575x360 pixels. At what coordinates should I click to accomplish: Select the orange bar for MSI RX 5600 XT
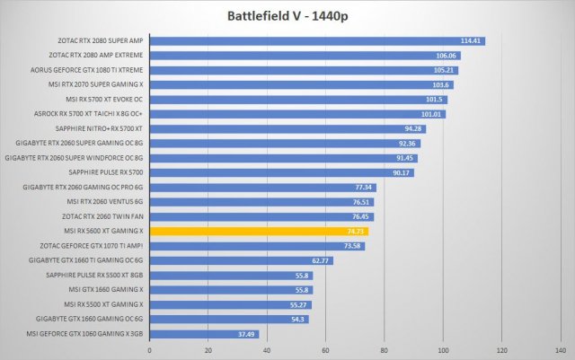pyautogui.click(x=259, y=231)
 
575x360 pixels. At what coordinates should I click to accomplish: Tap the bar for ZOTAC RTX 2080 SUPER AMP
pyautogui.click(x=305, y=40)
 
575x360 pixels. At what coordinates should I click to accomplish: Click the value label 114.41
pyautogui.click(x=472, y=40)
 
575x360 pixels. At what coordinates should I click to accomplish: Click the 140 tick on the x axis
pyautogui.click(x=560, y=350)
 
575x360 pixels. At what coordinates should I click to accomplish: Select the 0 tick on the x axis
pyautogui.click(x=149, y=350)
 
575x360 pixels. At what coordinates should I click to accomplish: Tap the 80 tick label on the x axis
pyautogui.click(x=384, y=350)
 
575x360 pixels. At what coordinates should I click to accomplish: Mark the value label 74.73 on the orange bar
pyautogui.click(x=356, y=231)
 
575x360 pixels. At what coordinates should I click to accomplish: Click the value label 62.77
pyautogui.click(x=321, y=260)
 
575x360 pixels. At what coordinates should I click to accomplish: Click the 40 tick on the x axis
pyautogui.click(x=267, y=350)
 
